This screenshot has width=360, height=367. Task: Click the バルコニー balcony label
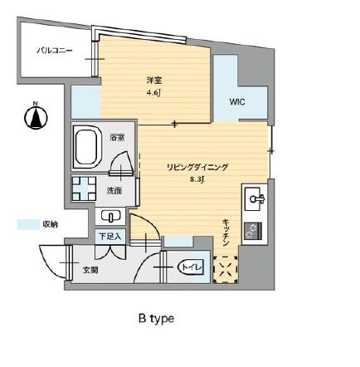54,51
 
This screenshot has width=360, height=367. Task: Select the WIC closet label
238,103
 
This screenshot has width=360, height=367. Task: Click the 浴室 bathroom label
118,137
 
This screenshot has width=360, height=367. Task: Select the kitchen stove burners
251,232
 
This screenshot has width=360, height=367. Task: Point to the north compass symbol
36,117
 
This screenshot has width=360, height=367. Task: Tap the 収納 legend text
50,224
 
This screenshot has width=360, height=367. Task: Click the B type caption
156,317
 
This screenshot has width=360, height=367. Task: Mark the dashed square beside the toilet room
224,267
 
